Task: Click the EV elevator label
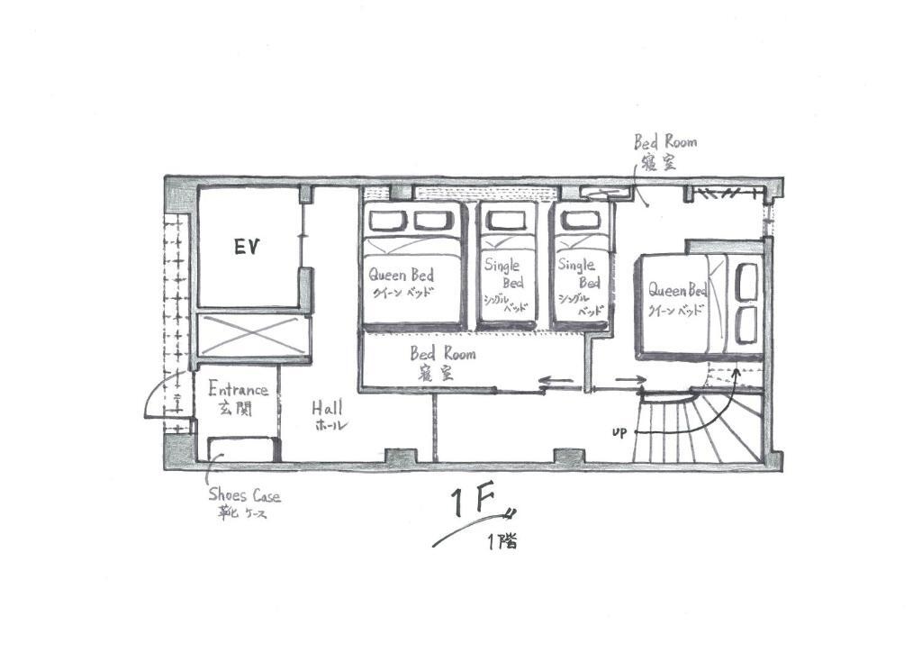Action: (247, 247)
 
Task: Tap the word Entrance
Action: (238, 390)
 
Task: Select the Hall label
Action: (327, 407)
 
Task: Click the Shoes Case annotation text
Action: (245, 494)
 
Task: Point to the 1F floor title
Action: (472, 502)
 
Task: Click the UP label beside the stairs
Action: (619, 433)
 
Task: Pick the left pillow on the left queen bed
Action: (388, 221)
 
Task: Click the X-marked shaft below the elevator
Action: (253, 335)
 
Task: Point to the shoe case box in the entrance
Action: (241, 449)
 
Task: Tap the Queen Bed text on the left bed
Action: (402, 275)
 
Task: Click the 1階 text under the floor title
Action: (502, 541)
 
